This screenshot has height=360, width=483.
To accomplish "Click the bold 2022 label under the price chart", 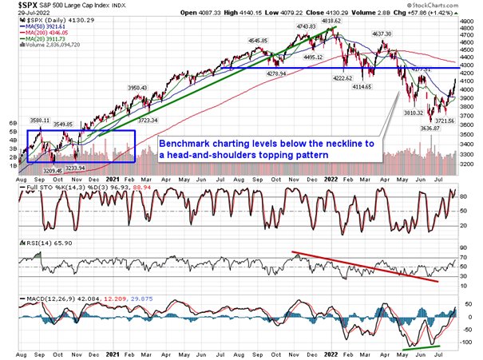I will pyautogui.click(x=333, y=180).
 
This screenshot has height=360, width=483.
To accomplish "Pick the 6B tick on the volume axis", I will pyautogui.click(x=13, y=124).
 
